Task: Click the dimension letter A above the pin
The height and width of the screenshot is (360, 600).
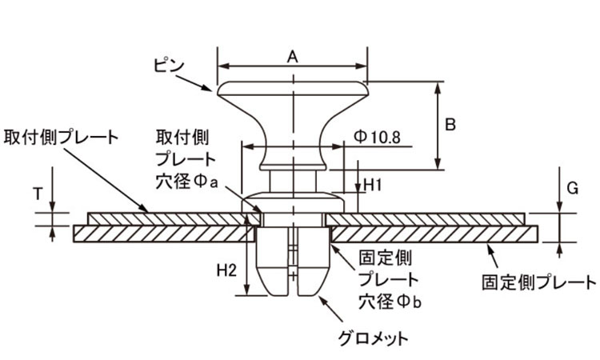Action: click(292, 57)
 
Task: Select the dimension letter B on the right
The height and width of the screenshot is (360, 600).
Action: click(450, 125)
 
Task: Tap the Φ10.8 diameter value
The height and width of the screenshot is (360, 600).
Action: click(378, 137)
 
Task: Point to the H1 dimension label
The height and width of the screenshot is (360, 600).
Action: click(372, 186)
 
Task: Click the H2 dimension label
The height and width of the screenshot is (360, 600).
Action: click(227, 270)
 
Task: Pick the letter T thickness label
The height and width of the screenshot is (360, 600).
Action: click(38, 194)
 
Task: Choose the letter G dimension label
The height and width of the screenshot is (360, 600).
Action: click(573, 188)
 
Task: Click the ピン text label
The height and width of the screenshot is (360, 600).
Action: click(169, 66)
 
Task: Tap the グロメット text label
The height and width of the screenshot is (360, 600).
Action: click(374, 338)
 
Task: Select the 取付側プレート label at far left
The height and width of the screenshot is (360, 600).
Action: click(62, 138)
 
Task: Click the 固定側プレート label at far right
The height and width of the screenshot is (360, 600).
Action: click(538, 282)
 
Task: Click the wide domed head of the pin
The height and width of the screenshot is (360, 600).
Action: click(293, 89)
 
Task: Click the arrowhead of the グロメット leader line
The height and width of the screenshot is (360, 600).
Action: click(322, 299)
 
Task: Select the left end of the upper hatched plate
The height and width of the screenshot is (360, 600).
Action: click(89, 219)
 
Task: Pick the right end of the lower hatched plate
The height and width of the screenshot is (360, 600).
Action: click(537, 234)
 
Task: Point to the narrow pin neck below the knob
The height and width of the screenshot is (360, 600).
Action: click(293, 182)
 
